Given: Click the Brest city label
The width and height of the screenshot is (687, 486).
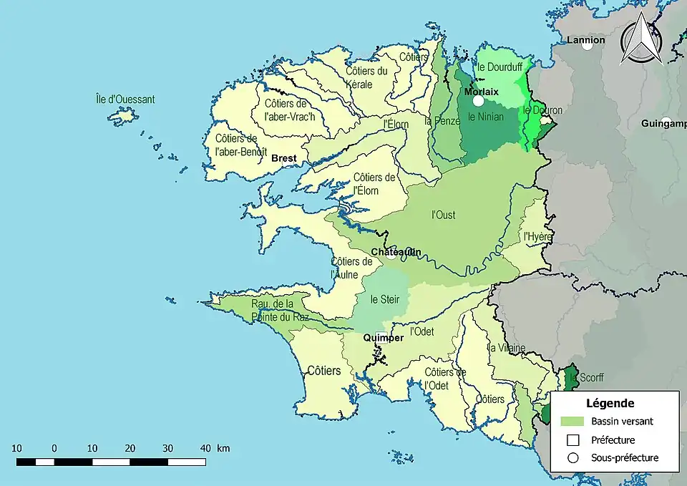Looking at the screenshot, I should pyautogui.click(x=284, y=159).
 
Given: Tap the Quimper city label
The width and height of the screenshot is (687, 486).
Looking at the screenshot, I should pyautogui.click(x=383, y=338).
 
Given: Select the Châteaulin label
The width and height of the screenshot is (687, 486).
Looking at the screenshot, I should pyautogui.click(x=395, y=252).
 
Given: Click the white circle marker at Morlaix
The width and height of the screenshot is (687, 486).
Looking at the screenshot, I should pyautogui.click(x=478, y=101).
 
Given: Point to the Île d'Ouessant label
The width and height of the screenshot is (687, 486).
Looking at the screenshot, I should pyautogui.click(x=125, y=99).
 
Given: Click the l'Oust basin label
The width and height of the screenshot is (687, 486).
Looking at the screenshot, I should pyautogui.click(x=444, y=214).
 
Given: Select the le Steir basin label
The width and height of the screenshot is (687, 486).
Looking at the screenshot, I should pyautogui.click(x=385, y=299).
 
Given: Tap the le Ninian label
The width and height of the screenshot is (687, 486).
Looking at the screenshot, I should pyautogui.click(x=486, y=116).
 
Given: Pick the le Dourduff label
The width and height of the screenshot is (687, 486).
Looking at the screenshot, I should pyautogui.click(x=501, y=67).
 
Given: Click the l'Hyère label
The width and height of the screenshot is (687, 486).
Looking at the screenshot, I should pyautogui.click(x=537, y=235).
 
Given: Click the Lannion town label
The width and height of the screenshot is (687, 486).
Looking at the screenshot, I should pyautogui.click(x=585, y=40).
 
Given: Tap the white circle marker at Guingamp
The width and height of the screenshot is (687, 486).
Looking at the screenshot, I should pyautogui.click(x=666, y=122).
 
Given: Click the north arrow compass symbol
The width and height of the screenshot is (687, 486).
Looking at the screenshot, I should pyautogui.click(x=639, y=39).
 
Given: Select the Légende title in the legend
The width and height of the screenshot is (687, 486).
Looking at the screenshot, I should pyautogui.click(x=610, y=404).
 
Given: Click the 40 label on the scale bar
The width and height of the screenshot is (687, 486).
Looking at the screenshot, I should pyautogui.click(x=205, y=448).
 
